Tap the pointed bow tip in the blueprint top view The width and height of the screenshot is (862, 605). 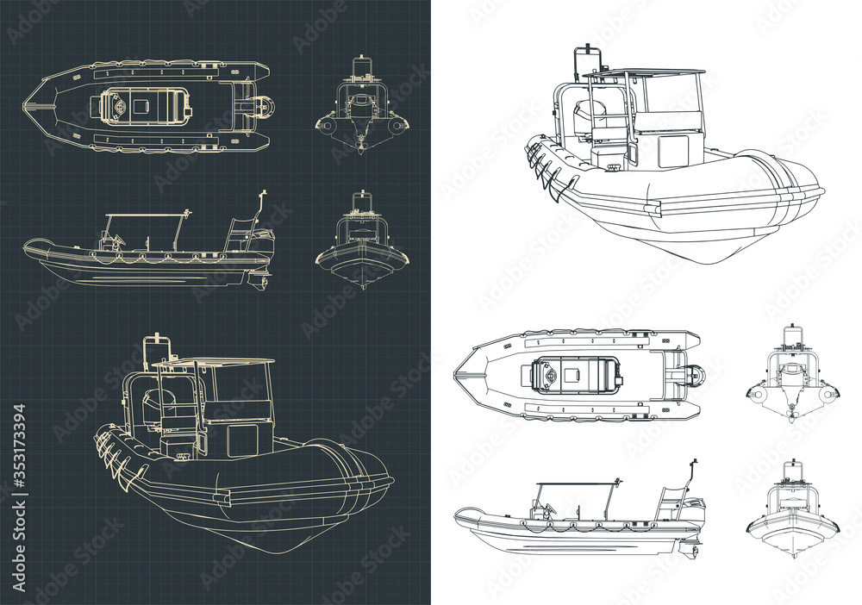tap(26, 106)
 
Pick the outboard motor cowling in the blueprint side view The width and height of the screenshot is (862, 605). tap(262, 241)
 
